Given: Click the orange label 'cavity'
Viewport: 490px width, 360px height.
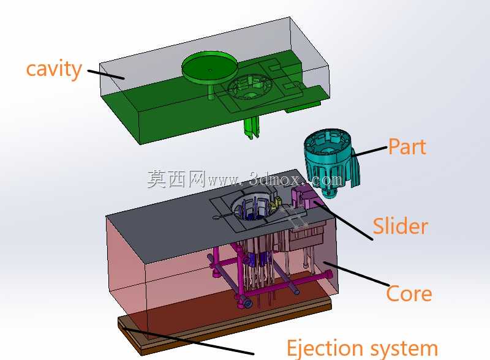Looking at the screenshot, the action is point(54,70).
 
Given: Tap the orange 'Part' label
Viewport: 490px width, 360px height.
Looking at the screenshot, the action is point(407,146).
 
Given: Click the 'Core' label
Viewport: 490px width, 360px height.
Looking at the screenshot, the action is point(409,294).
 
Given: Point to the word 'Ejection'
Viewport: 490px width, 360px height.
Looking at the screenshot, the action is point(325,348).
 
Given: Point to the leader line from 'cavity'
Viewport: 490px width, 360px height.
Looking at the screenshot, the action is point(106,74).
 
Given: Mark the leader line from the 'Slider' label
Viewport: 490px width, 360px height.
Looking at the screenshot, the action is point(344,220).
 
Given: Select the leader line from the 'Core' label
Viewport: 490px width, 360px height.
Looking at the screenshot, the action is point(356,274).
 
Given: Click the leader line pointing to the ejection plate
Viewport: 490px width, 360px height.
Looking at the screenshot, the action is point(188,341).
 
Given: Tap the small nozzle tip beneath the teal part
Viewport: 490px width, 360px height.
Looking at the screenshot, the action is point(330,193).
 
